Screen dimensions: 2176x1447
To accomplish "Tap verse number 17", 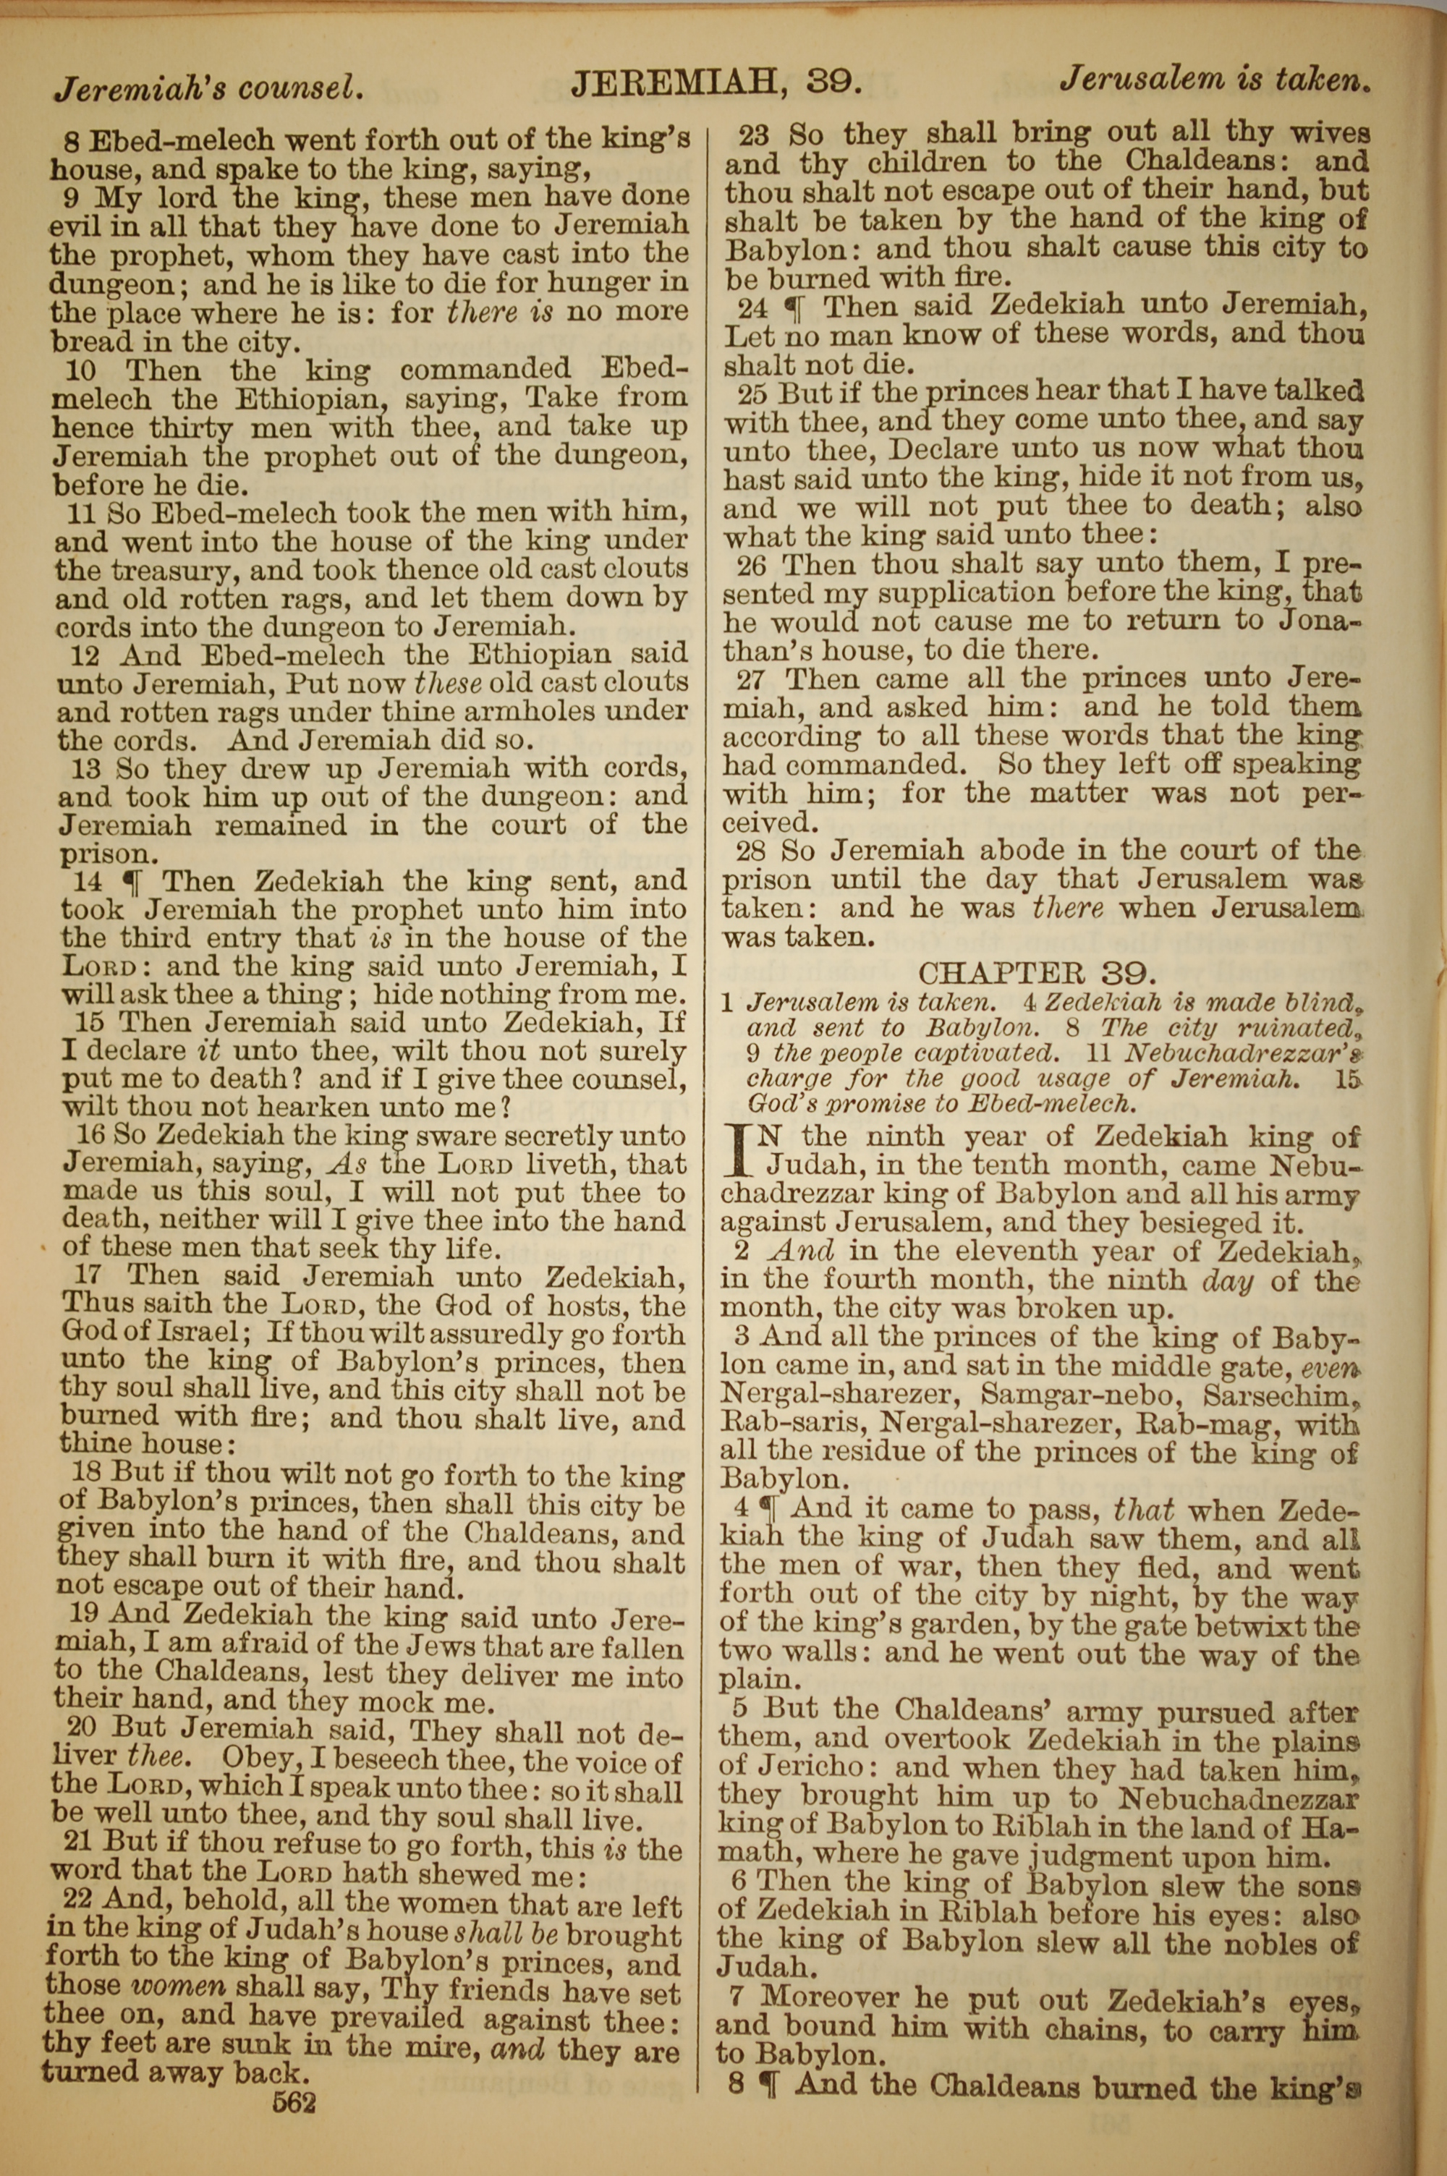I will click(x=83, y=1277).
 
